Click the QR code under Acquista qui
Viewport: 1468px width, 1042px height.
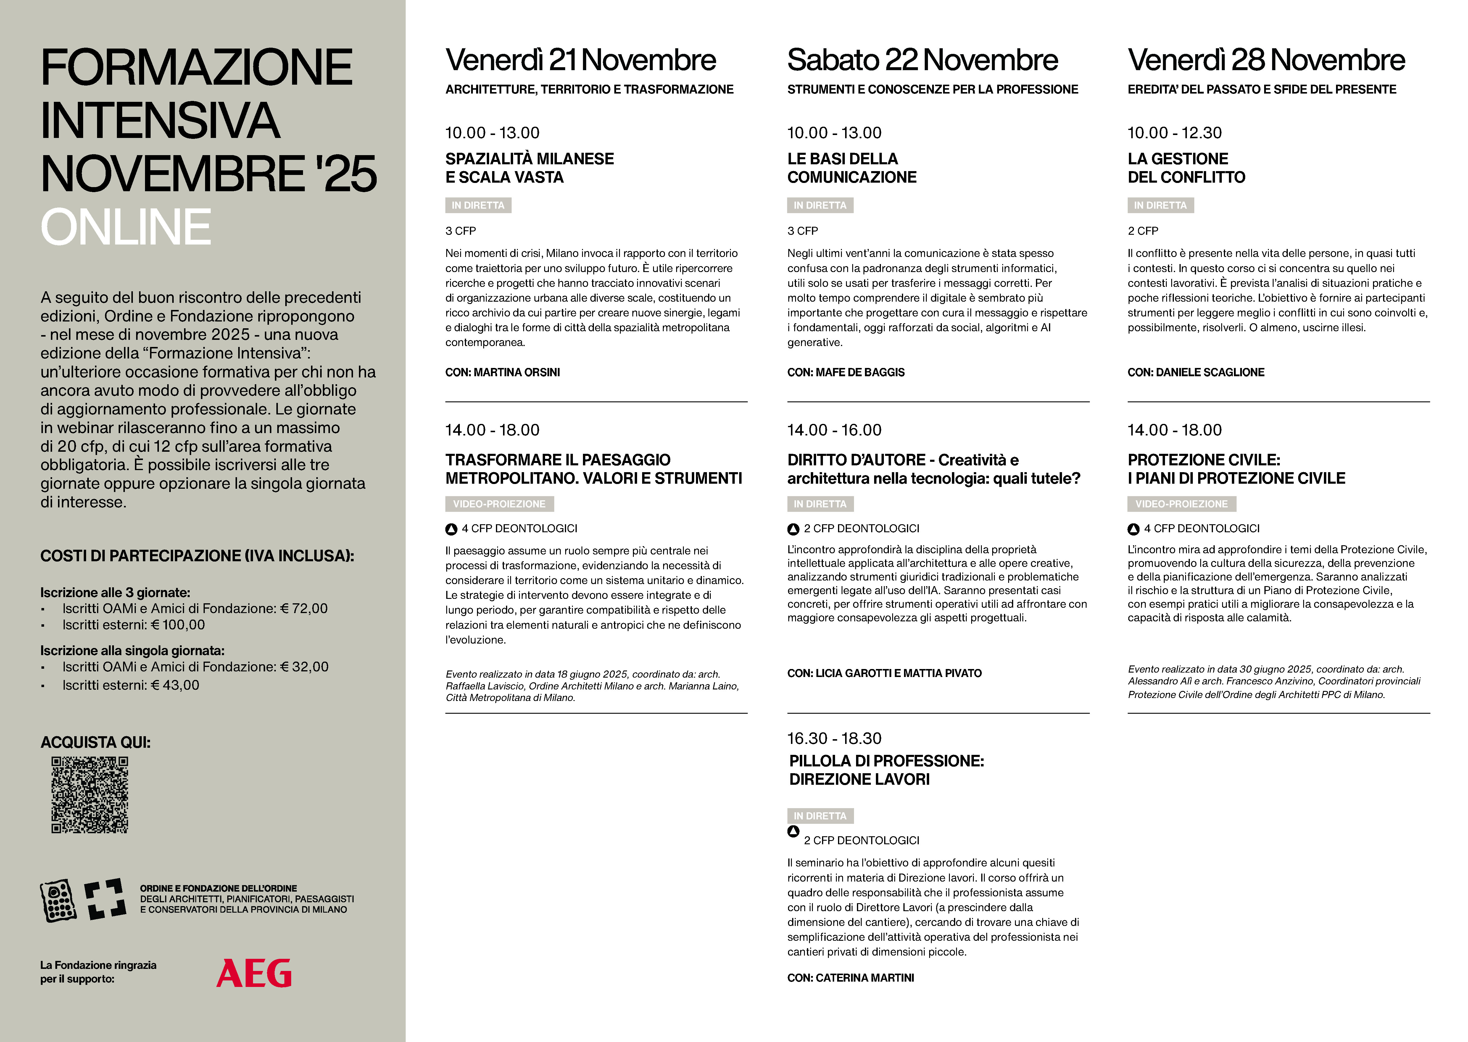[x=90, y=795]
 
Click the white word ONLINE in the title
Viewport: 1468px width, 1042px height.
[x=126, y=227]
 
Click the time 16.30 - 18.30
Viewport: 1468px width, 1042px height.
[x=834, y=739]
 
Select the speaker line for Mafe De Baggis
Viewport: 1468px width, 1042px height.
[x=846, y=372]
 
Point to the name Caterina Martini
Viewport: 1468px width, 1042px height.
[x=865, y=978]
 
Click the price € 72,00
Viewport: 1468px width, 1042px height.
[x=304, y=608]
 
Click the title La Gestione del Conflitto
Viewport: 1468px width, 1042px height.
[x=1186, y=168]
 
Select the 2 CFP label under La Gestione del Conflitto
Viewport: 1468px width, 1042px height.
[x=1143, y=231]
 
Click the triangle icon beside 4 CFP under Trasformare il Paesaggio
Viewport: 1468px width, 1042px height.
[x=452, y=529]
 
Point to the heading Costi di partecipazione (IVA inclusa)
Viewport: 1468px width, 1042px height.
[x=197, y=556]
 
